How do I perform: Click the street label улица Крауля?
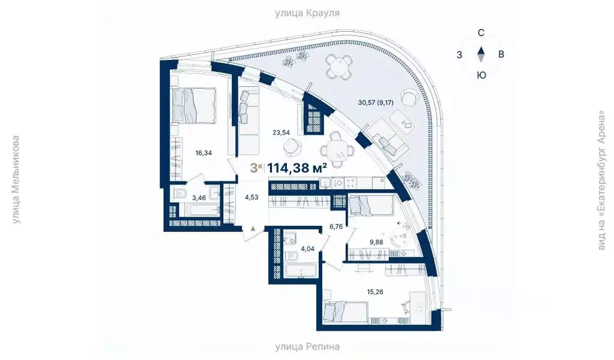pos(307,12)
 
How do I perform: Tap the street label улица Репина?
pos(307,346)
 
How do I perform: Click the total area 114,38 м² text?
pos(297,168)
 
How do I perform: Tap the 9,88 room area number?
pos(376,242)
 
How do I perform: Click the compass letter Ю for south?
pos(481,75)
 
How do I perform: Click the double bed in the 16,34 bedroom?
pos(193,105)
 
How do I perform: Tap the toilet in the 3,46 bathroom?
pos(181,194)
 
